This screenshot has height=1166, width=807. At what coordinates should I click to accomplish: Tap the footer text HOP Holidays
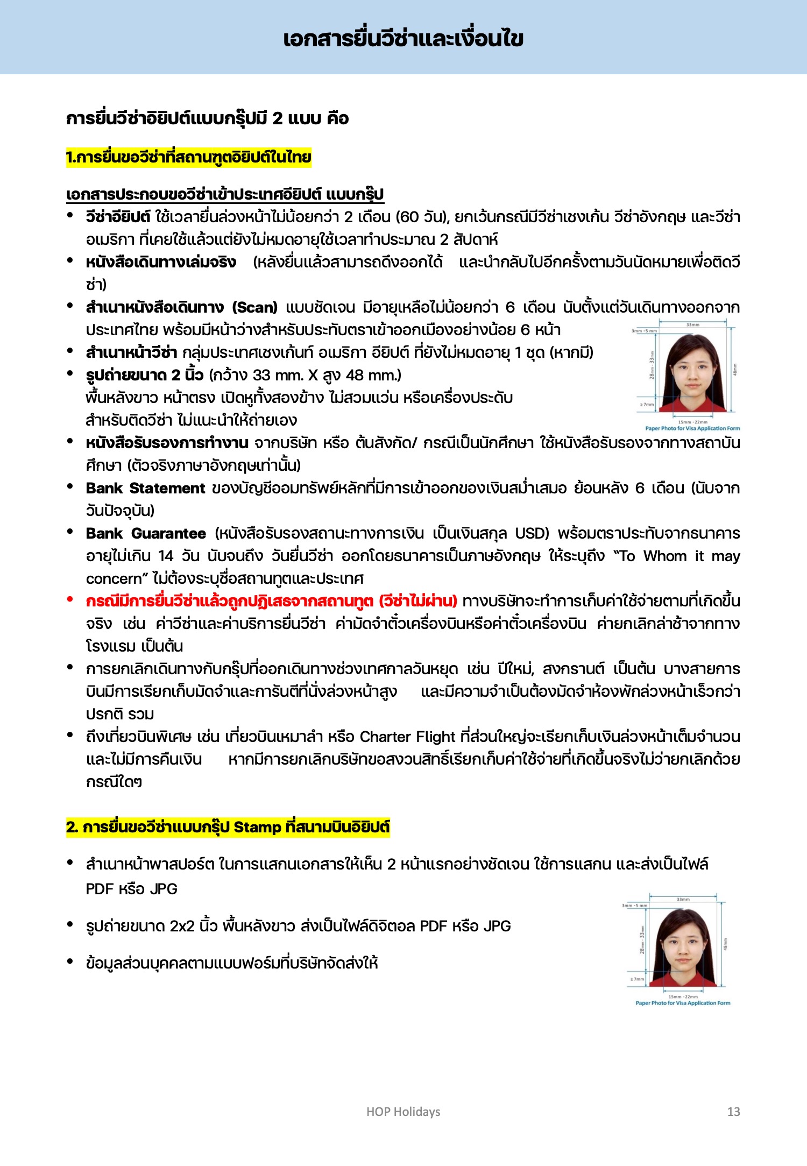tap(403, 1112)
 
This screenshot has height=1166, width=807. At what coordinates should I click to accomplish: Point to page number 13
tap(733, 1112)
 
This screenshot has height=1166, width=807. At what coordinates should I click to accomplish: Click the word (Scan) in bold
tap(254, 308)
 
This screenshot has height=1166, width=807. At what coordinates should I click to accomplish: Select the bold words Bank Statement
tap(145, 489)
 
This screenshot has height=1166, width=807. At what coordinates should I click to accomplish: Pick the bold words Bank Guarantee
tap(146, 534)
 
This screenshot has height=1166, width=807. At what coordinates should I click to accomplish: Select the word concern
tap(116, 579)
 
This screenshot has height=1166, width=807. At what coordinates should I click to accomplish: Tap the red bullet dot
tap(70, 599)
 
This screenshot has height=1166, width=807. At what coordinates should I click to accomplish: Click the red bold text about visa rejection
tap(272, 602)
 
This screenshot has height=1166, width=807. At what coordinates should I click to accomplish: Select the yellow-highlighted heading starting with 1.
tap(189, 158)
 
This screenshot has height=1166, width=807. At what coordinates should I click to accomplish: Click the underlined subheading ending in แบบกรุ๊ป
tap(225, 194)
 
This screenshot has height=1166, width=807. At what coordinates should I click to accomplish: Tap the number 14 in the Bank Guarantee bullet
tap(166, 556)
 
